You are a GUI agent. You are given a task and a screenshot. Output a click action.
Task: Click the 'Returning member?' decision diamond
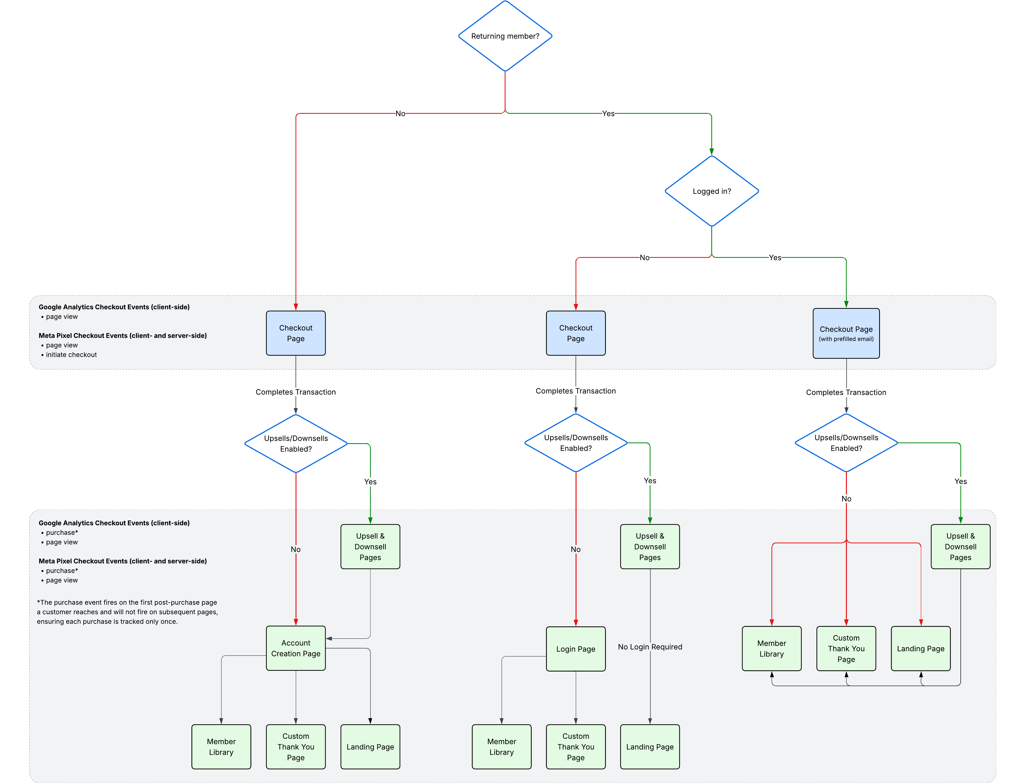click(x=505, y=36)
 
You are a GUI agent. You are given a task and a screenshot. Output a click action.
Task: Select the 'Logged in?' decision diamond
click(x=712, y=191)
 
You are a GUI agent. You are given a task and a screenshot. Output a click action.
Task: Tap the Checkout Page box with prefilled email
click(x=846, y=333)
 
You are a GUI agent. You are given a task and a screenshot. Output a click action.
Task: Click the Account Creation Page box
click(x=296, y=648)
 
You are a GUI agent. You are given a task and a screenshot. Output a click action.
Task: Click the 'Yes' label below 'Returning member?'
click(x=608, y=113)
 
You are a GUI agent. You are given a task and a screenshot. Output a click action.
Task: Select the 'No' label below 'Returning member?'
click(x=400, y=113)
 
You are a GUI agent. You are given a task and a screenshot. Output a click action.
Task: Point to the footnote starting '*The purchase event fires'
click(x=127, y=612)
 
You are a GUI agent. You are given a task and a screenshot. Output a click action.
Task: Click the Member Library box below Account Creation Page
click(x=221, y=746)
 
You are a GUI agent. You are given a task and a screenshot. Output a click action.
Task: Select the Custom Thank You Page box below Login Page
click(x=575, y=746)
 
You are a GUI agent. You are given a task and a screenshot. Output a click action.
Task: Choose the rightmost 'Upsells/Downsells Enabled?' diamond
click(x=846, y=443)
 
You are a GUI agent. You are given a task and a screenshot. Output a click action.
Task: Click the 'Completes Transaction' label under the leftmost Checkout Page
click(x=295, y=392)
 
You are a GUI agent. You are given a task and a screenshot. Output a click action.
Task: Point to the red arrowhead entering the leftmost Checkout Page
click(x=296, y=307)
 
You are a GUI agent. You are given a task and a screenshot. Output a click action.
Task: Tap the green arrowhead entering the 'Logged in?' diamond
click(x=712, y=151)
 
